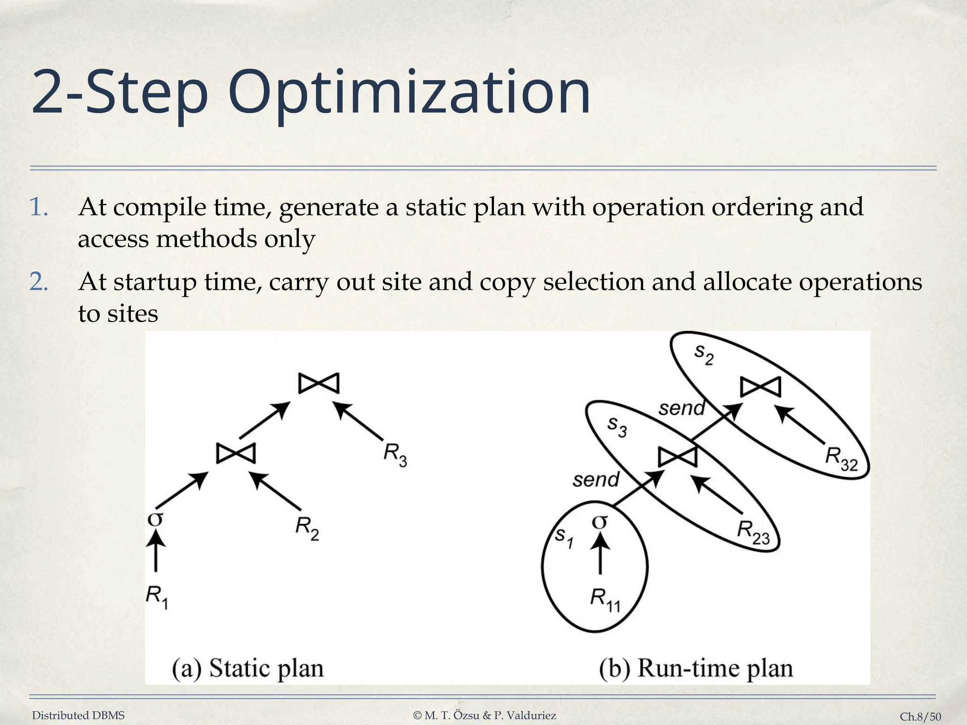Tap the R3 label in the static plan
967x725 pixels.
(x=395, y=455)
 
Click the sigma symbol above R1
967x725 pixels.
(x=155, y=519)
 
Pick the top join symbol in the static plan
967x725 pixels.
(x=319, y=383)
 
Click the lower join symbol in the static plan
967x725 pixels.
(x=236, y=454)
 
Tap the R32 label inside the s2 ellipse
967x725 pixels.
(x=841, y=459)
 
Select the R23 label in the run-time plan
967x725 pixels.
(x=753, y=532)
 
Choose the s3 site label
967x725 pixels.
(x=617, y=426)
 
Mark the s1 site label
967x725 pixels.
(x=564, y=537)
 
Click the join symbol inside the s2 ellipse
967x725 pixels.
(x=760, y=388)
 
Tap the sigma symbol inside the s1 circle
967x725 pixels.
(x=600, y=522)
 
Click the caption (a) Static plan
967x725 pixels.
(x=247, y=668)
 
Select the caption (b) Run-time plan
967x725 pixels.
(x=696, y=668)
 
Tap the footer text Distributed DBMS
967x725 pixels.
(x=78, y=716)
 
